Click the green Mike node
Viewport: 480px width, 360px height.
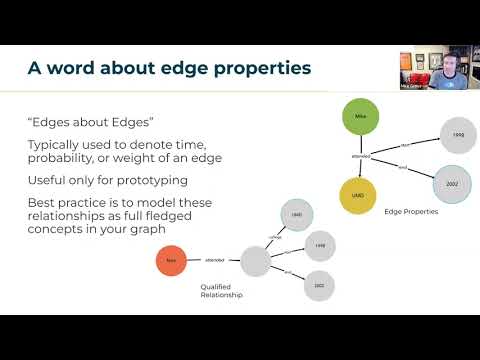(x=361, y=116)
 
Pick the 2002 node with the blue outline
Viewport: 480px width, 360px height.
(x=450, y=183)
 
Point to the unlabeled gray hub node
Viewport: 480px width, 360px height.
(x=254, y=261)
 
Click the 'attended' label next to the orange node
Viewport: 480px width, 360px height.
(x=214, y=261)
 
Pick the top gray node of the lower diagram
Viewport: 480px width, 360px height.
(x=297, y=214)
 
